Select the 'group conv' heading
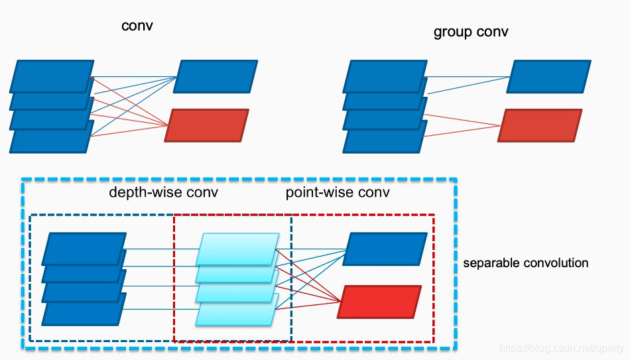point(471,32)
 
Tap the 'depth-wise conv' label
point(163,193)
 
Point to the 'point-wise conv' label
point(338,193)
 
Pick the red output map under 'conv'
point(207,125)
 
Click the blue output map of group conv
point(549,76)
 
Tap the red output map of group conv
point(540,125)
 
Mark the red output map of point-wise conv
point(380,302)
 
